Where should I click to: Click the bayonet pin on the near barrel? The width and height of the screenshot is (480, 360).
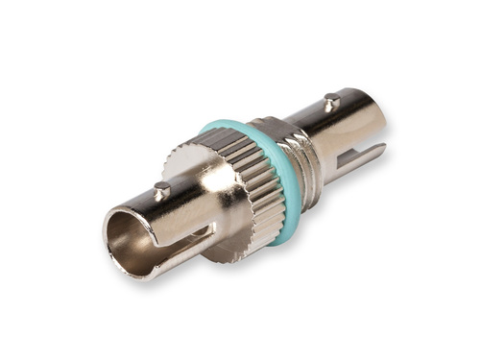[x=161, y=191]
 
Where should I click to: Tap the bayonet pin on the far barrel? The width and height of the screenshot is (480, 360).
[x=331, y=100]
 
